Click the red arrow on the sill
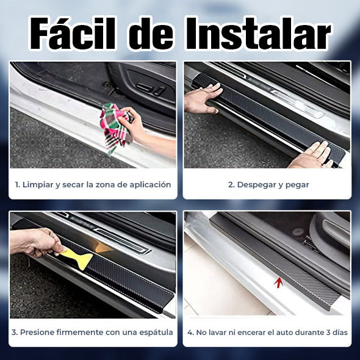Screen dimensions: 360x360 point(279,281)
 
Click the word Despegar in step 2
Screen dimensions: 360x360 point(258,184)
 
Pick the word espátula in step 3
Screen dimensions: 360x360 point(154,333)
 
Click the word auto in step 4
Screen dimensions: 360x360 point(286,333)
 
